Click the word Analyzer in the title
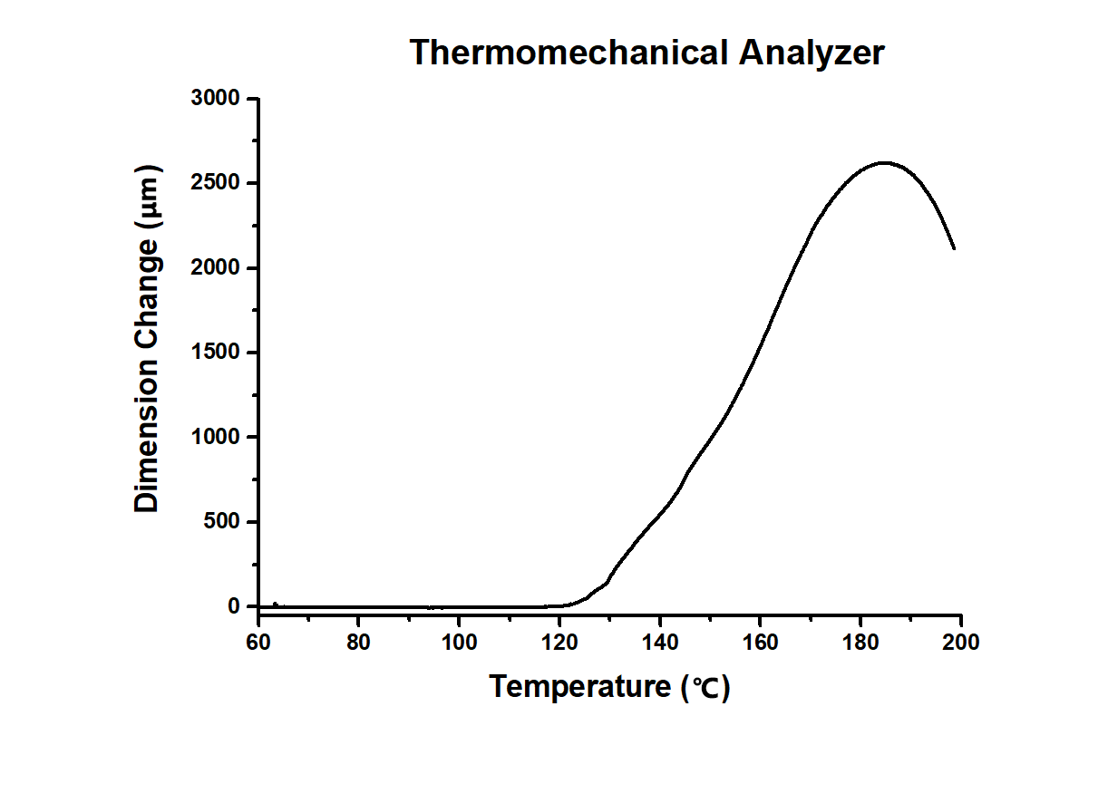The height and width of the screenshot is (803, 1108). coord(810,53)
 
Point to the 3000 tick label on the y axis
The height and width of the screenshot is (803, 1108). coord(215,99)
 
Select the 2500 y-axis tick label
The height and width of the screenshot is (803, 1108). coord(215,184)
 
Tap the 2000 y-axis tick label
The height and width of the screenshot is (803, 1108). coord(215,268)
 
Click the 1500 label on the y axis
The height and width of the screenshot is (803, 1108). coord(215,353)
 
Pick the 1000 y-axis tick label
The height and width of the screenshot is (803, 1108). coord(215,438)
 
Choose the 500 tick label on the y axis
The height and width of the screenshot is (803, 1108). coord(220,522)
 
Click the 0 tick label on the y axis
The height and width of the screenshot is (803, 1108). coord(235,606)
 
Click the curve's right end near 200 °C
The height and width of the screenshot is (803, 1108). coord(953,247)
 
